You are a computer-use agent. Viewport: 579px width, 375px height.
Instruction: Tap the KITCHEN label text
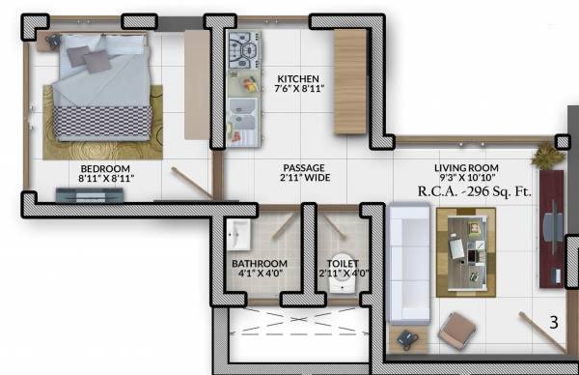298,79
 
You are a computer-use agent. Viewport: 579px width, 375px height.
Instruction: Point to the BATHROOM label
259,264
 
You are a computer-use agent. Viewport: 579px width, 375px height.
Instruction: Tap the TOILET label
343,264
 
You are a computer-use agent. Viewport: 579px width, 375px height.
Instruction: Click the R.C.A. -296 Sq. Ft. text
474,191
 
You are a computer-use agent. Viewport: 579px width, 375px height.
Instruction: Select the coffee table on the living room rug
464,248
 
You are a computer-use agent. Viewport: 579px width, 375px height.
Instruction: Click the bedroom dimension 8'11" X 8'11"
106,178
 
